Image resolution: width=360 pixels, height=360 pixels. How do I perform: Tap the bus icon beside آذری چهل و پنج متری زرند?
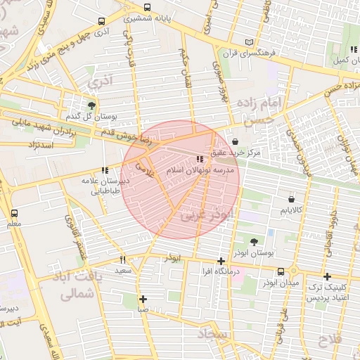click(x=103, y=22)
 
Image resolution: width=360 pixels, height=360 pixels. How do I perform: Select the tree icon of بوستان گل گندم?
click(x=92, y=105)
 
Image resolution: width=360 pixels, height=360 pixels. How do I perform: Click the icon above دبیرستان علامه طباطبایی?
click(x=105, y=170)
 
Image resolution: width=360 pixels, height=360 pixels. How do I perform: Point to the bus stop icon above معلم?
click(x=15, y=213)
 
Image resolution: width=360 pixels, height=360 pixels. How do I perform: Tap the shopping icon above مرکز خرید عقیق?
click(x=244, y=141)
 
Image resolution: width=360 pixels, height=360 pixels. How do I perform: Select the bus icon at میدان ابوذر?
click(x=281, y=271)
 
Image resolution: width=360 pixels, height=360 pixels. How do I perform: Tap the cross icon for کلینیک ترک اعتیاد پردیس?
click(x=327, y=277)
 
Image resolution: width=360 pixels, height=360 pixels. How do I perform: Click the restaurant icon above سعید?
click(x=123, y=259)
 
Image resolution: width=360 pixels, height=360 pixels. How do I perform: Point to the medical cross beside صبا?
click(x=143, y=298)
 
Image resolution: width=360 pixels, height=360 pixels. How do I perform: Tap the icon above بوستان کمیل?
click(x=352, y=49)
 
